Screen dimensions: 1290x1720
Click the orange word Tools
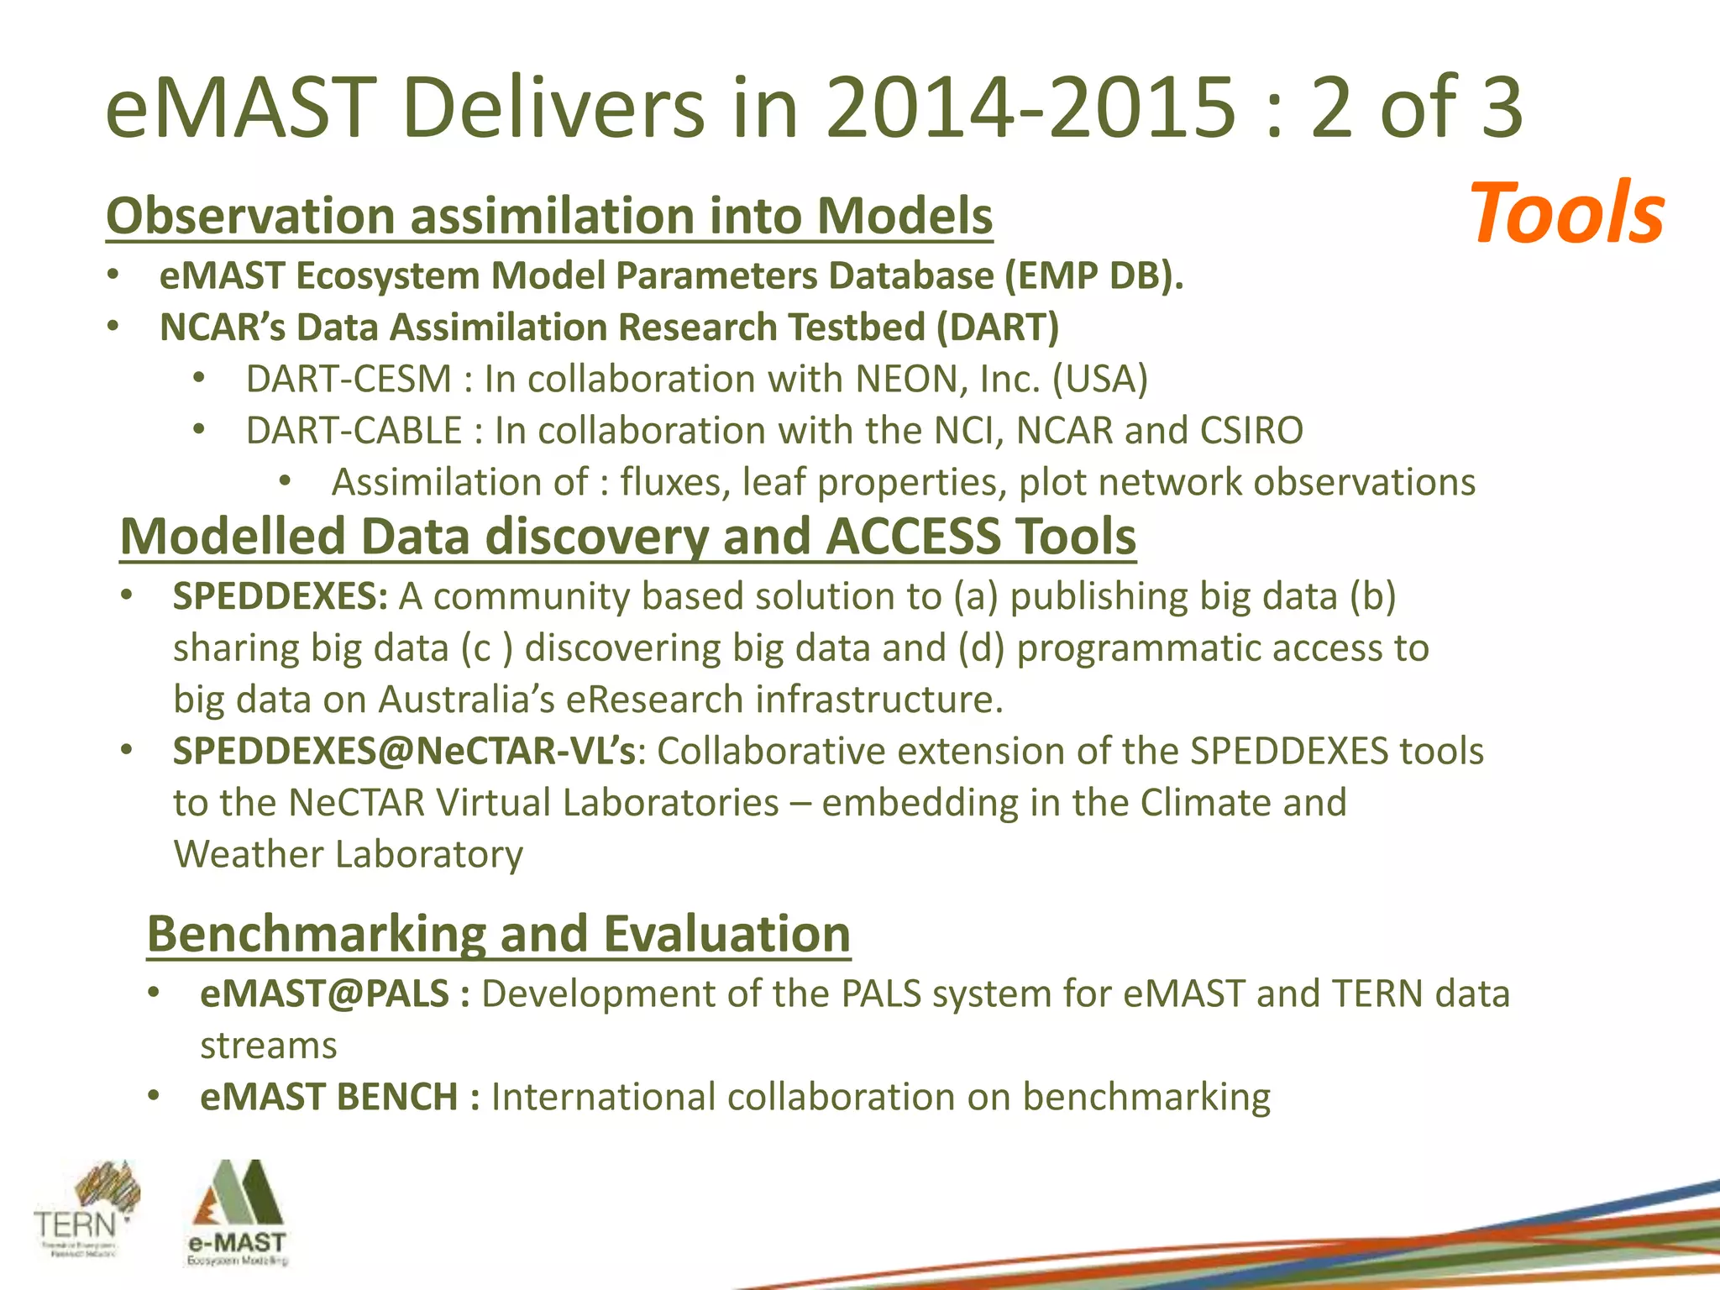click(1566, 213)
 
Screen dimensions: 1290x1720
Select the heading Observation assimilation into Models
click(549, 216)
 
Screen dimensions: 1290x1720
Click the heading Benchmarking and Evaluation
click(499, 933)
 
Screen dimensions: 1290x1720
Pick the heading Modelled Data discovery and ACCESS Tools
click(628, 536)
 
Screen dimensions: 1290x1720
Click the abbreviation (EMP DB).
click(1094, 276)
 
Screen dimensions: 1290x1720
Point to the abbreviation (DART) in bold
click(998, 328)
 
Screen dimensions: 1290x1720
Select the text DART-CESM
click(349, 379)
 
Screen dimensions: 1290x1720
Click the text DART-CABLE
click(354, 431)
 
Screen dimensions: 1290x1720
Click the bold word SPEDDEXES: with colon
click(281, 596)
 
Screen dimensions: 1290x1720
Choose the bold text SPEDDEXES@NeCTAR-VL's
click(404, 751)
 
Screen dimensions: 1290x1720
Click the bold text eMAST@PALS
click(325, 994)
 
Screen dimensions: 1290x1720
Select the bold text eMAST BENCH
click(329, 1097)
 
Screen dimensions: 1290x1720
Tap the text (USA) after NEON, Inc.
click(1100, 379)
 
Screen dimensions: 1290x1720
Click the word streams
click(269, 1046)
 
